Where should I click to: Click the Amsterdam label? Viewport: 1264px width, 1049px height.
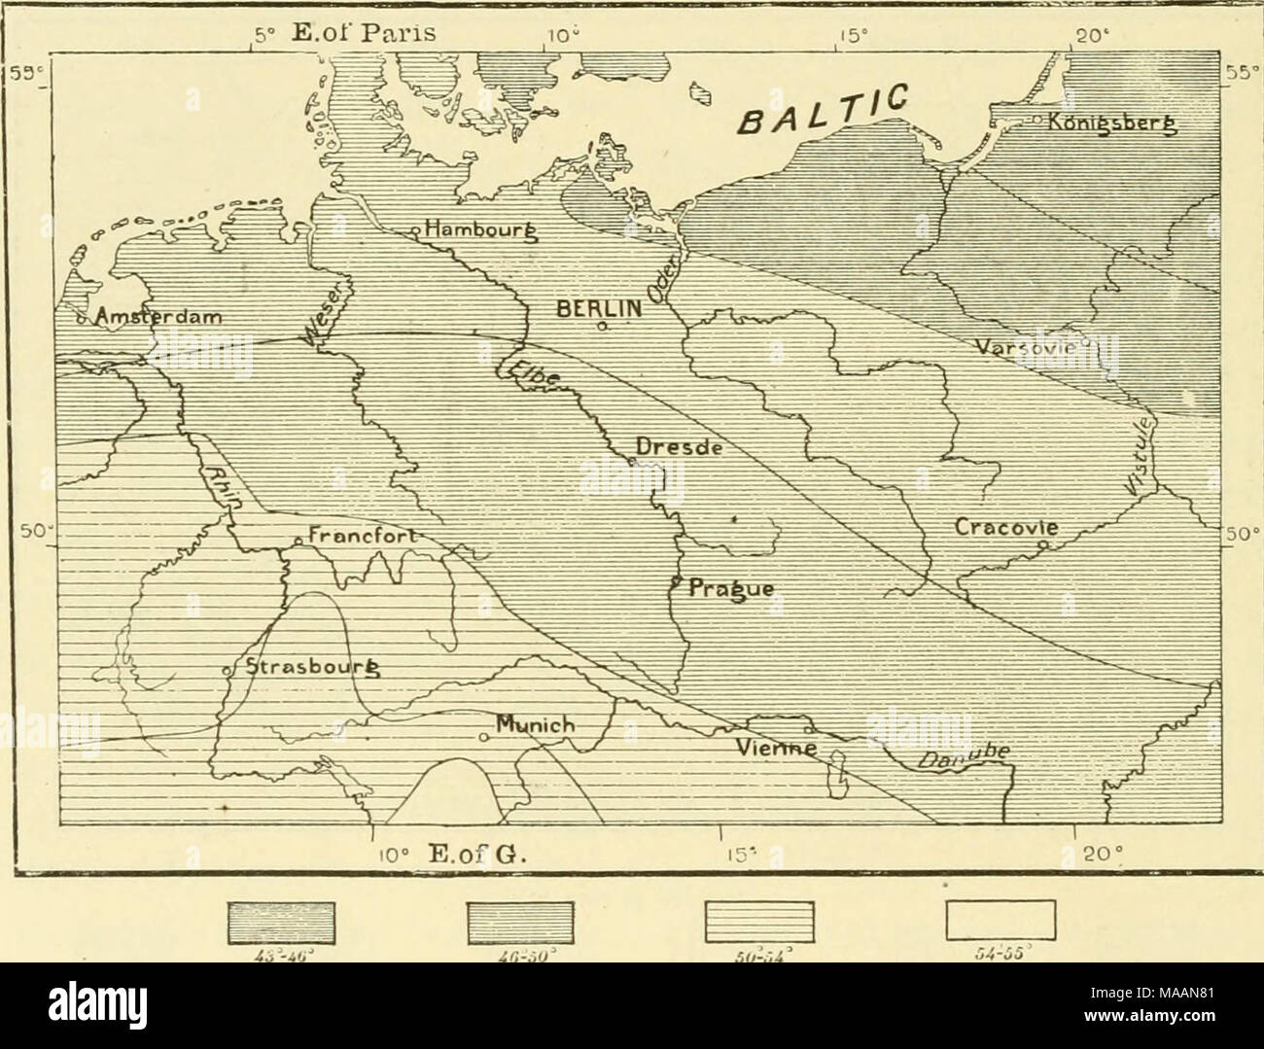tap(156, 317)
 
